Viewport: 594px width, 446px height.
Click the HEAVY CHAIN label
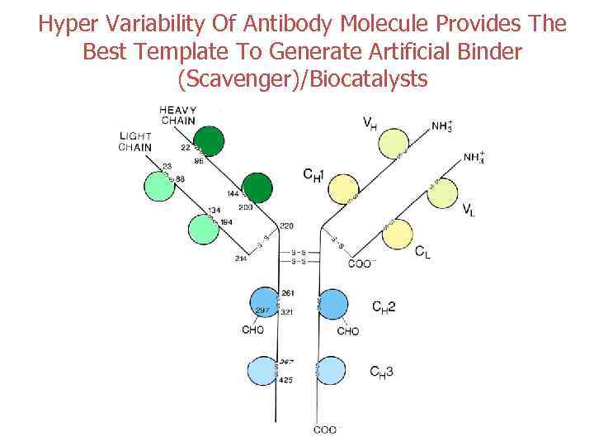(x=177, y=115)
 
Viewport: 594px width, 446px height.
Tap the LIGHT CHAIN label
(x=135, y=142)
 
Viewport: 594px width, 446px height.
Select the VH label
(x=371, y=123)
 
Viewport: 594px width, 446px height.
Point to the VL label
(x=469, y=208)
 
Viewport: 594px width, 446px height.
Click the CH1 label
(x=315, y=174)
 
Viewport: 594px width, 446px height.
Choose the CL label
(x=422, y=252)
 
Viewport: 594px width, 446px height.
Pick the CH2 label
(x=384, y=307)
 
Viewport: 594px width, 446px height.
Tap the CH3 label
(x=382, y=372)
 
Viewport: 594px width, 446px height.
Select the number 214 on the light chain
(x=240, y=259)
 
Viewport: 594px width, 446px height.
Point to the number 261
(x=287, y=293)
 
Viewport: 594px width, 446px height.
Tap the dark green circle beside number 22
(x=210, y=140)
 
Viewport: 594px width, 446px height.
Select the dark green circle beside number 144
(x=257, y=188)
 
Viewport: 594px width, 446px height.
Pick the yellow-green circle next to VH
(x=394, y=143)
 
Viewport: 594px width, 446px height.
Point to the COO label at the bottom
(x=324, y=429)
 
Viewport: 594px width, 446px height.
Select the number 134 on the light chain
(x=214, y=211)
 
